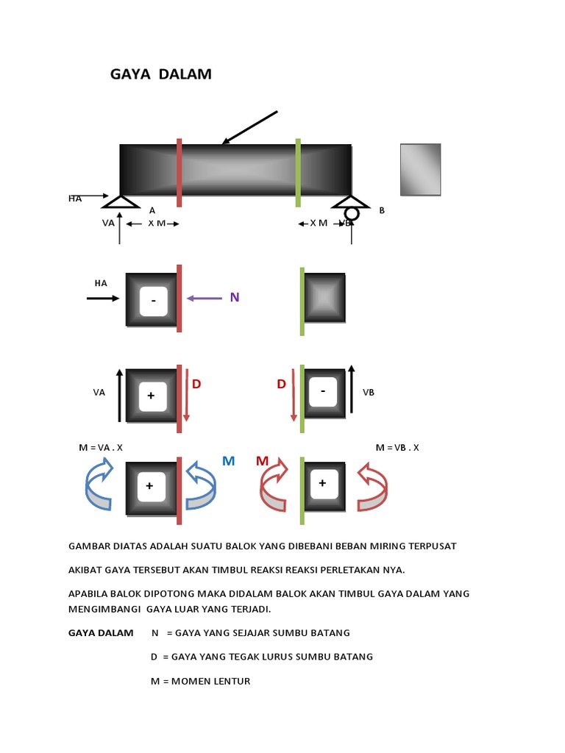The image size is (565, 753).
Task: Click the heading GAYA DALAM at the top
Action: pyautogui.click(x=160, y=74)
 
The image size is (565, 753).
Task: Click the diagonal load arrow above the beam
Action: pyautogui.click(x=249, y=127)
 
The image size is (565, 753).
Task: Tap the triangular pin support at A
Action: pyautogui.click(x=121, y=201)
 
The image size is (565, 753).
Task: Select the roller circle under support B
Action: pyautogui.click(x=352, y=213)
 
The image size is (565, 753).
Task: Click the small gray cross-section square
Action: pyautogui.click(x=420, y=170)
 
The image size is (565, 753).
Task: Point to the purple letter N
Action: pyautogui.click(x=235, y=297)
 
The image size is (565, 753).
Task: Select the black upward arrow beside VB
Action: pyautogui.click(x=351, y=392)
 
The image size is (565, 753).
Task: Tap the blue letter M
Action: pyautogui.click(x=228, y=461)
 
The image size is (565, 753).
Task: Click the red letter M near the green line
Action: pyautogui.click(x=263, y=461)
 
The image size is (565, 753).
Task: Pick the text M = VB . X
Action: pyautogui.click(x=397, y=447)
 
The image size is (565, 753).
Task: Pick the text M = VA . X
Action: pyautogui.click(x=101, y=447)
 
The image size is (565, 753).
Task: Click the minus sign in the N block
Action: pyautogui.click(x=153, y=301)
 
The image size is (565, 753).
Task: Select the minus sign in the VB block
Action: pyautogui.click(x=323, y=391)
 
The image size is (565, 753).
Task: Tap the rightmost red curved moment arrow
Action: pyautogui.click(x=373, y=487)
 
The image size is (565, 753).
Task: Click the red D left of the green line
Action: pyautogui.click(x=281, y=385)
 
